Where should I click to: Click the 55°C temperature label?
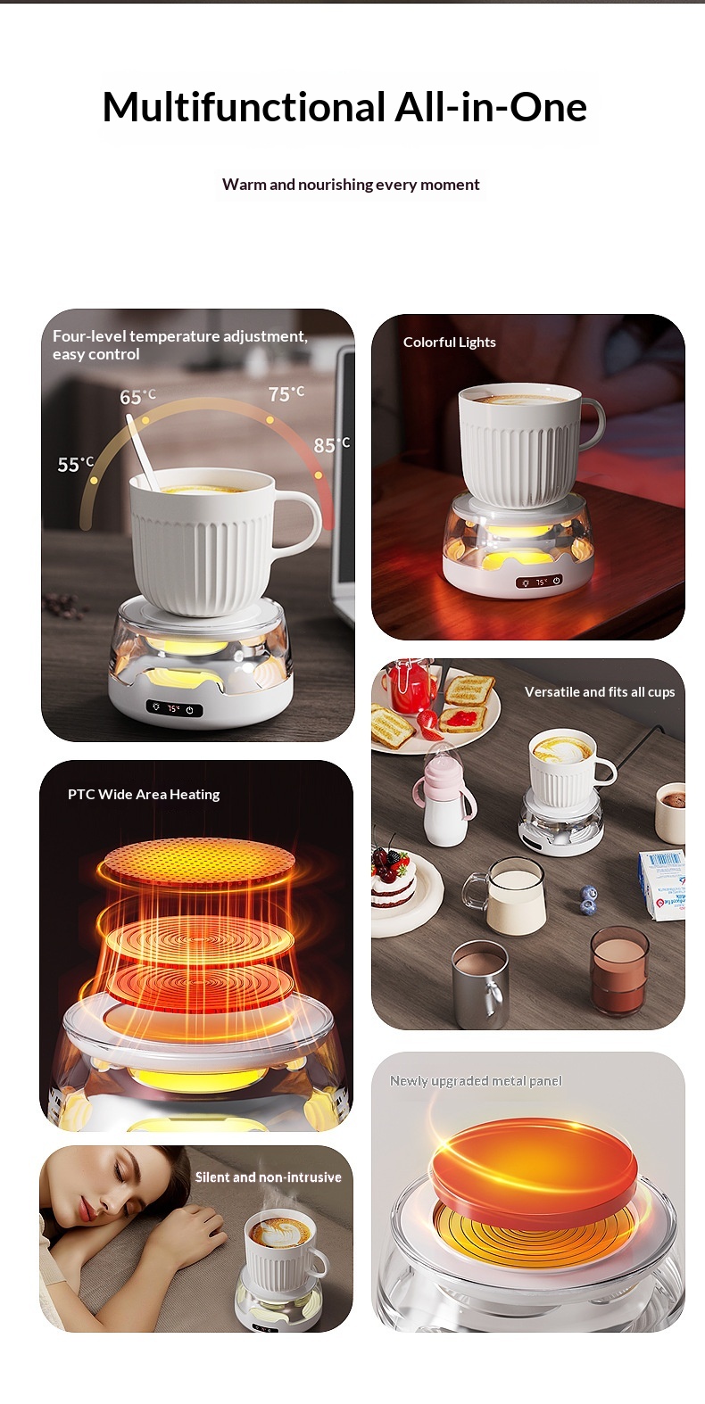75,465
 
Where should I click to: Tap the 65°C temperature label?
137,397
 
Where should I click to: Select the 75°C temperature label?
286,393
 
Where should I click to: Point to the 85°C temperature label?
331,445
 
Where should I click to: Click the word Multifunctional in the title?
244,106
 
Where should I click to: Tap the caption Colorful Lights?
449,343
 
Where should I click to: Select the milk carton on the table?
662,884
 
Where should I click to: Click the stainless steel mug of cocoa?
481,984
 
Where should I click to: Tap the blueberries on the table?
587,899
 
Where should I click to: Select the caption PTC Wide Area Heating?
144,794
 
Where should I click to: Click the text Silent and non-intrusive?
268,1177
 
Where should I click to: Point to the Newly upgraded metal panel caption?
476,1080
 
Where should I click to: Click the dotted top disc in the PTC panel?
198,860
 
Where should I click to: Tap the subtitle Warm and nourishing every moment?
351,185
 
